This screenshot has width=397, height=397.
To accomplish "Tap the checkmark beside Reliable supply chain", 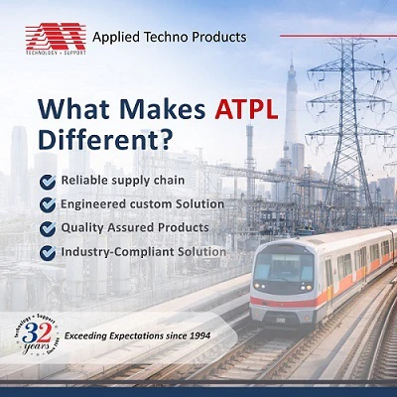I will pyautogui.click(x=48, y=181).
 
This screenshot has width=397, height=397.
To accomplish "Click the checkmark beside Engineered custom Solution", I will pyautogui.click(x=48, y=204).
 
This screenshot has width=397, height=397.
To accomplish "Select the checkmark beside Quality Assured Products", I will pyautogui.click(x=48, y=228).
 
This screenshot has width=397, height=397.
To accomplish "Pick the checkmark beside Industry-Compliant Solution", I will pyautogui.click(x=48, y=252).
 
